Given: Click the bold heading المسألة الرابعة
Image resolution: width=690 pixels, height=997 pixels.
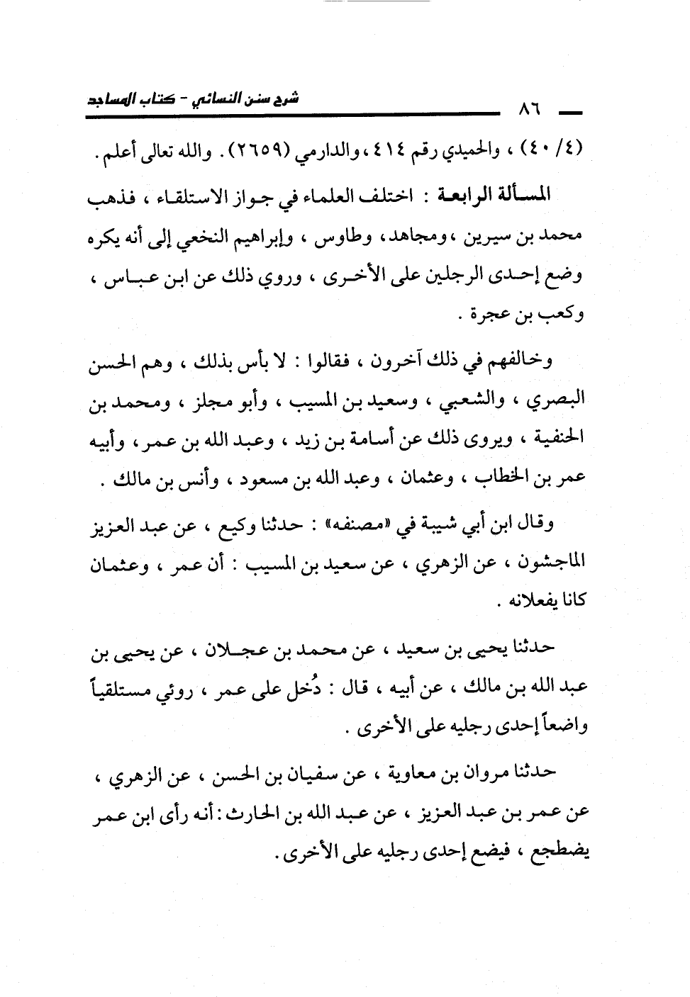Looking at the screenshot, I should [x=490, y=195].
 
